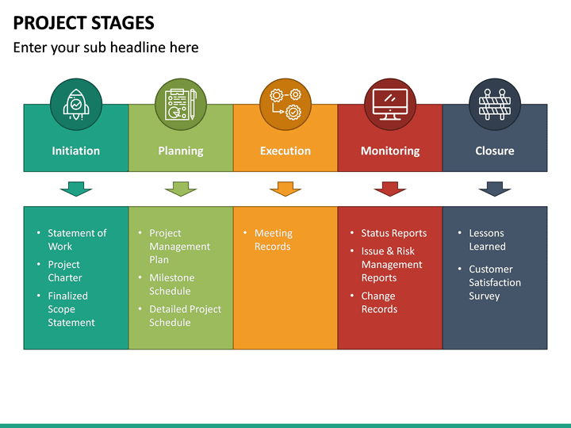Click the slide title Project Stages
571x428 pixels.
[83, 22]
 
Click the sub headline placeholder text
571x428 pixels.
[105, 48]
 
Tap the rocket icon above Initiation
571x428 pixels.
[76, 104]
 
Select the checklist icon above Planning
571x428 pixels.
[181, 104]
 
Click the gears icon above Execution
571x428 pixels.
[285, 104]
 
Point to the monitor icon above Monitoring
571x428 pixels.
[390, 104]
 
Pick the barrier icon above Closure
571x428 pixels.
[495, 104]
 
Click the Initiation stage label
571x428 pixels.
[76, 151]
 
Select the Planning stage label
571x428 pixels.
[181, 151]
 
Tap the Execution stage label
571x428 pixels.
[285, 151]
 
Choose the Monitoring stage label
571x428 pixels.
[390, 151]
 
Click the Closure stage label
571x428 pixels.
[495, 151]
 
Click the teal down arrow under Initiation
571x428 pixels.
[76, 189]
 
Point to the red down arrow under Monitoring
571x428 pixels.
[390, 189]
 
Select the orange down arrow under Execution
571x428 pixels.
[285, 189]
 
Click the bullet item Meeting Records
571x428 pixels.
[274, 240]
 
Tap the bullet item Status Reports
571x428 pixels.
[393, 233]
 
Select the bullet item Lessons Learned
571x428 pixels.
[487, 240]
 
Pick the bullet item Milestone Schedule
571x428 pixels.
[171, 285]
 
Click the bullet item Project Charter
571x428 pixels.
[65, 271]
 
